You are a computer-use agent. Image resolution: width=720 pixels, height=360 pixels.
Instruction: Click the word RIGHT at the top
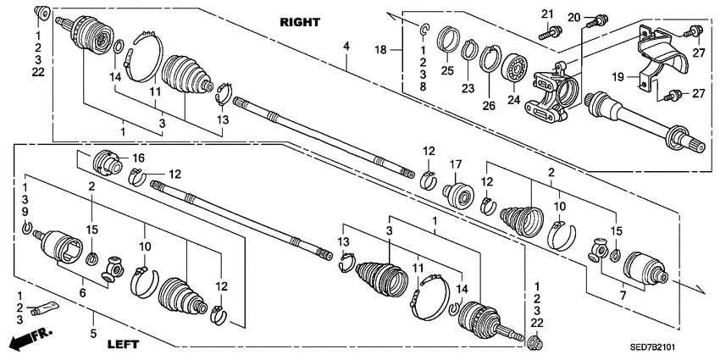pyautogui.click(x=302, y=23)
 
